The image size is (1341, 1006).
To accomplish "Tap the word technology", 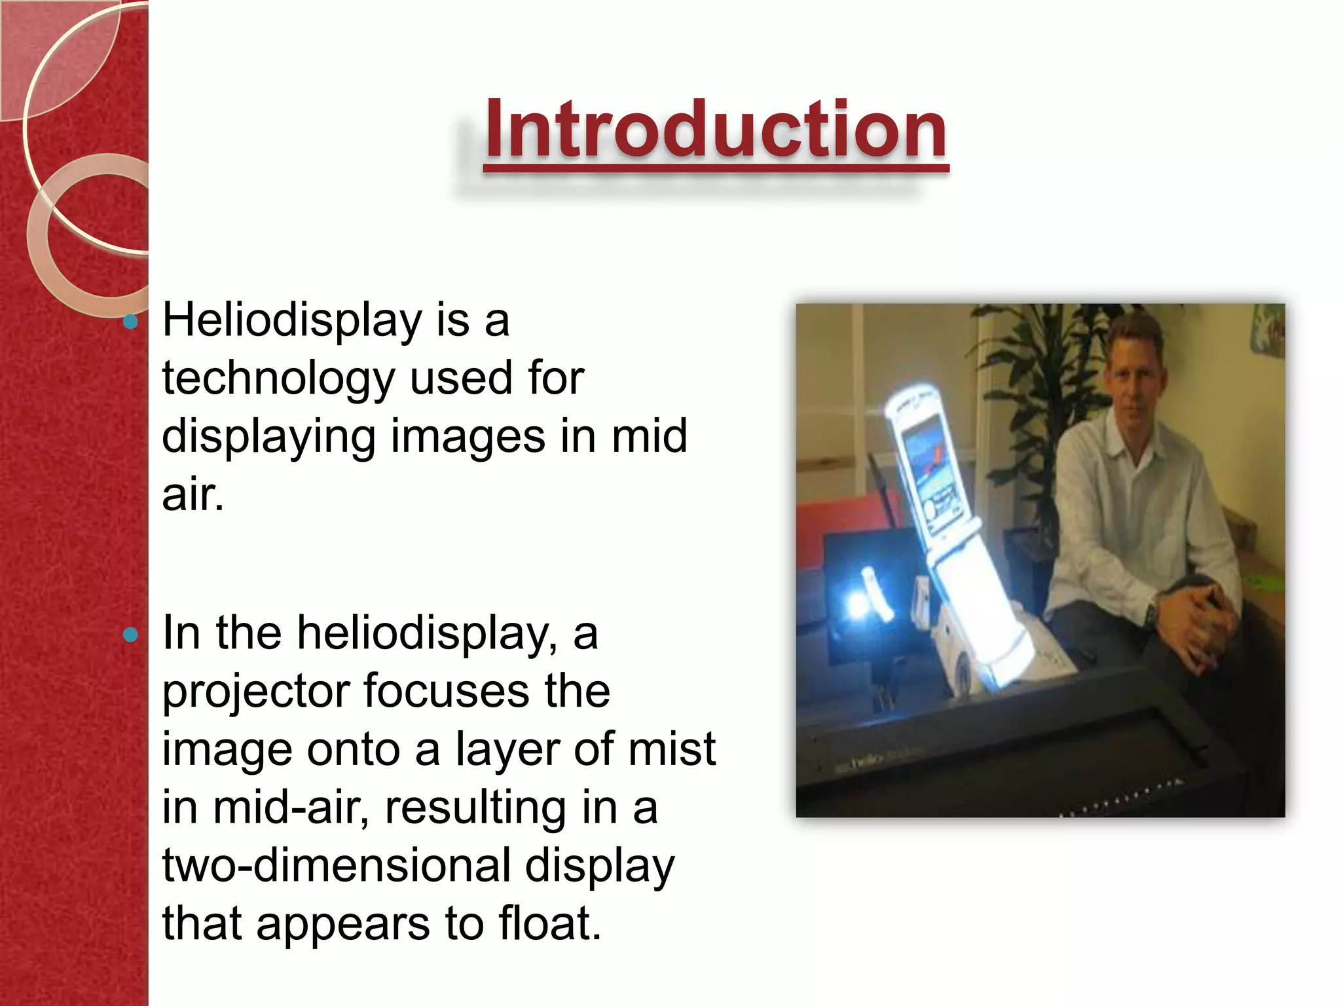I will pyautogui.click(x=278, y=379).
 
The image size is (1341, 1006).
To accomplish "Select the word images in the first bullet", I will pyautogui.click(x=468, y=437).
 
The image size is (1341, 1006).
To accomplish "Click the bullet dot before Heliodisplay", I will pyautogui.click(x=131, y=322).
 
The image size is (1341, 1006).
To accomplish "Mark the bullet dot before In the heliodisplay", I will pyautogui.click(x=131, y=634).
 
